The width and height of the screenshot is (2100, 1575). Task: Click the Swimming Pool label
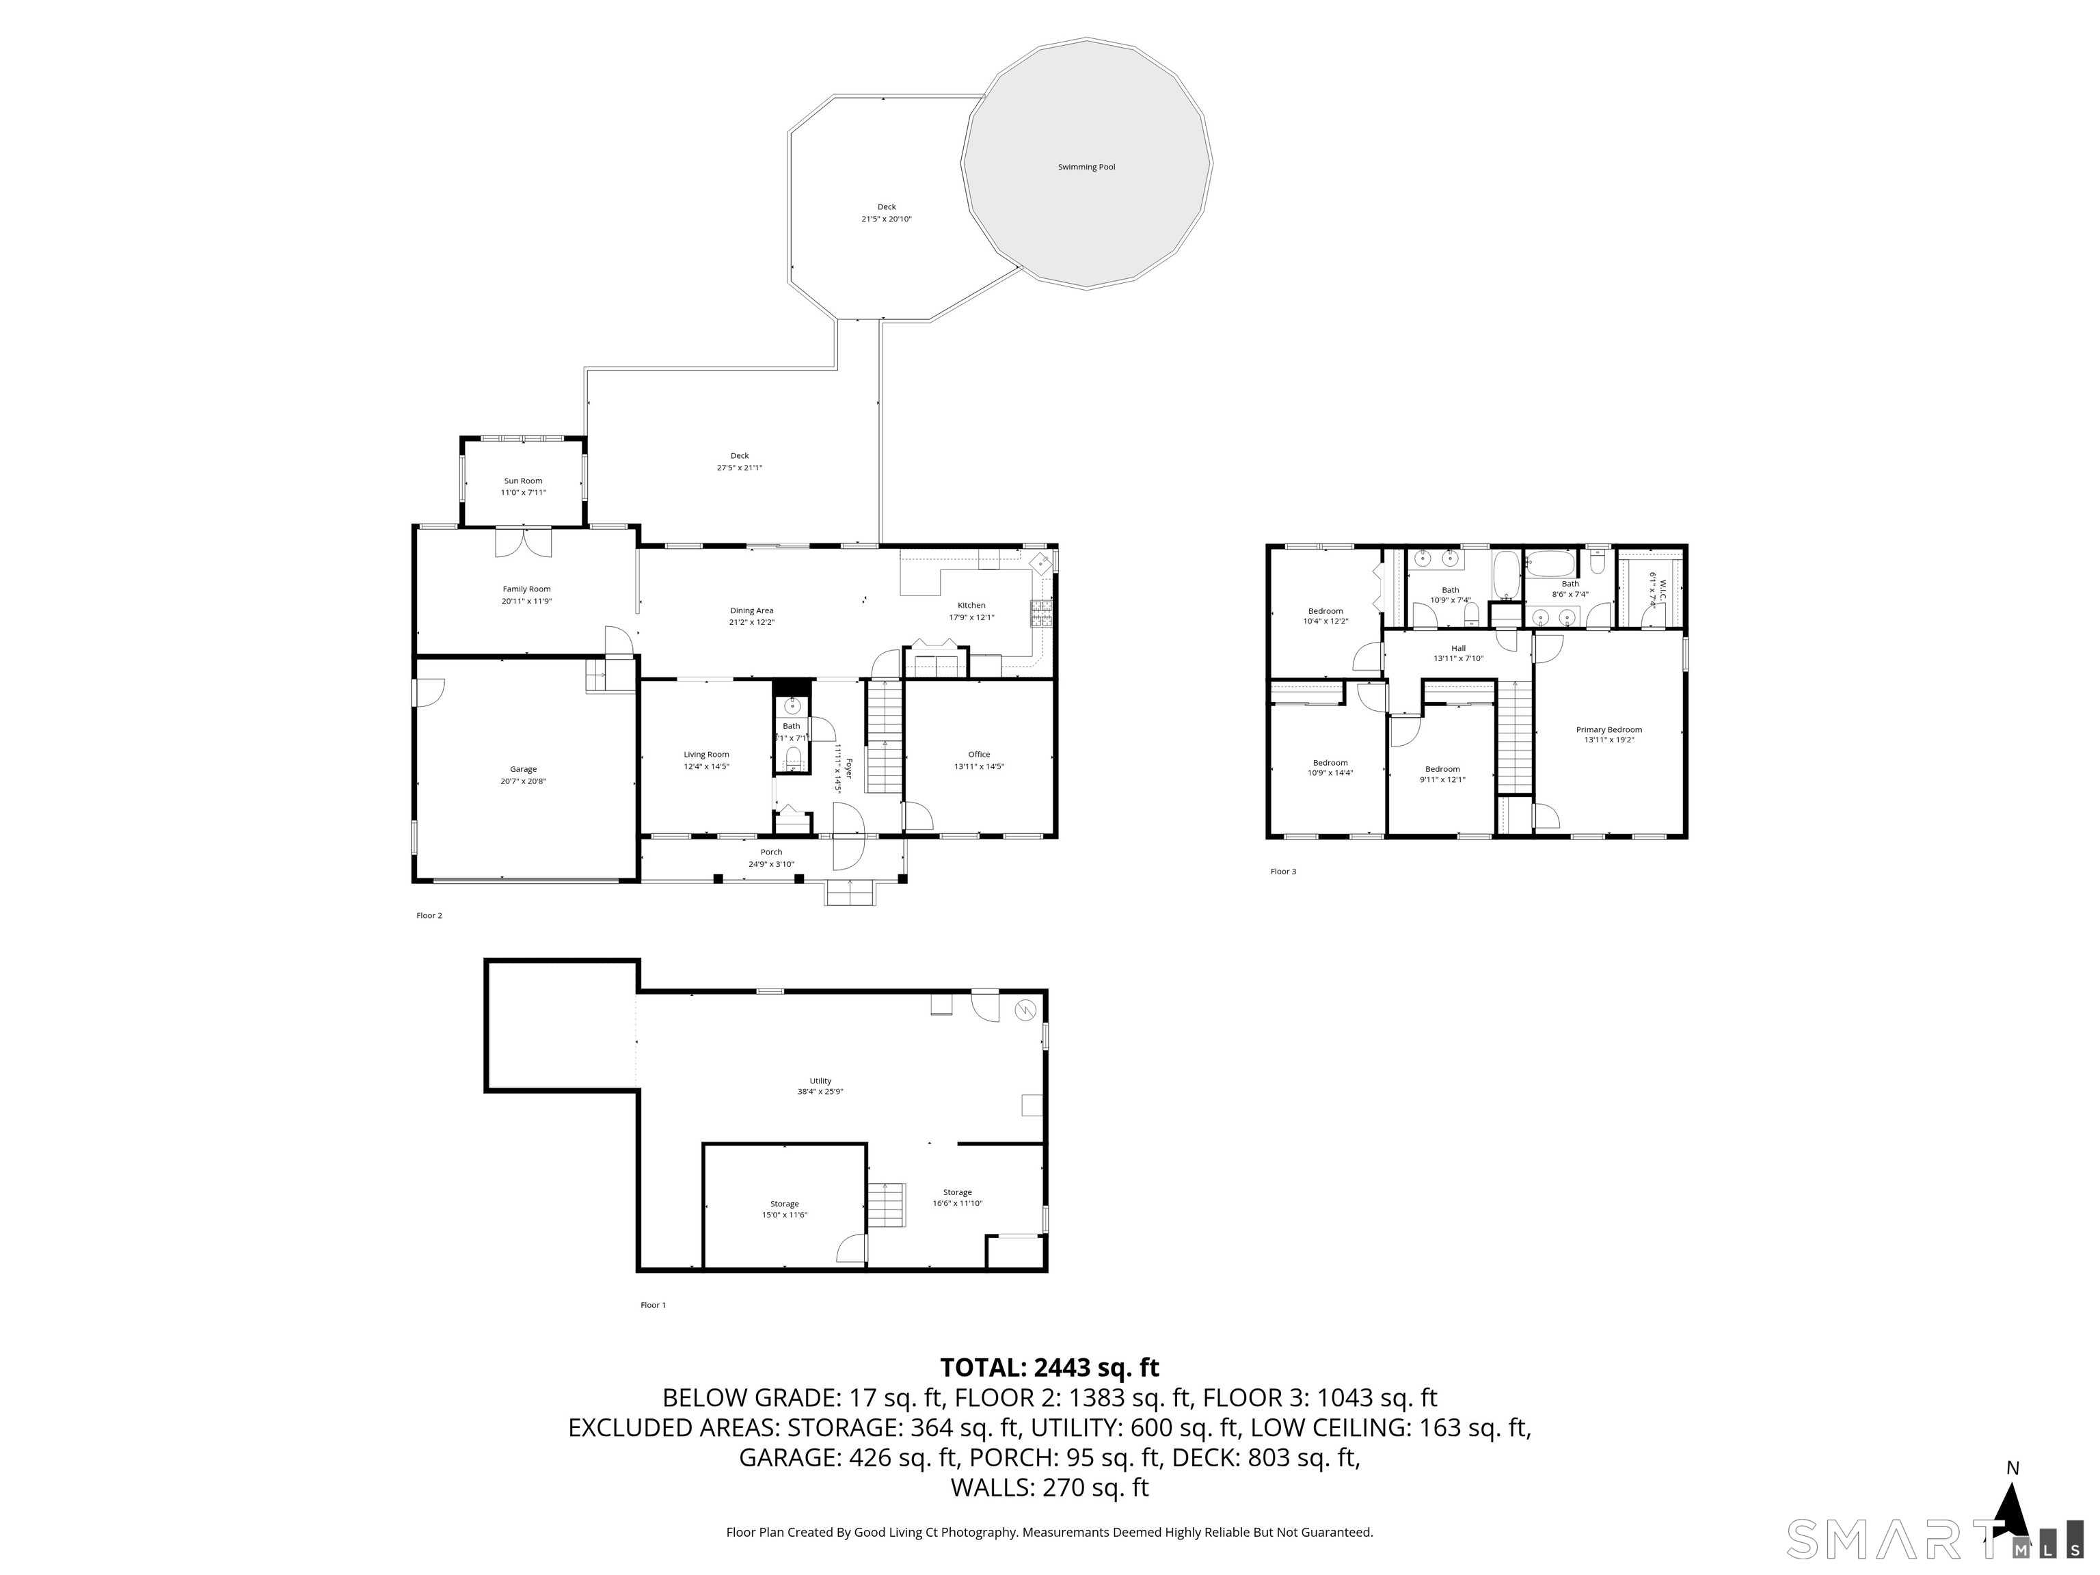1086,167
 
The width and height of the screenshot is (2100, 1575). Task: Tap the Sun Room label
523,481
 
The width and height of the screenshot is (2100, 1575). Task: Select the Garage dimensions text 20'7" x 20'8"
523,781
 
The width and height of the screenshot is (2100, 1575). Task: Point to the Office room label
979,755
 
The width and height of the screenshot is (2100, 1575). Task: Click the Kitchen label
971,605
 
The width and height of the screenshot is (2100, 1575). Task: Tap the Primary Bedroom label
1608,729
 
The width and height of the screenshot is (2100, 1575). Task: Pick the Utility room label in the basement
820,1080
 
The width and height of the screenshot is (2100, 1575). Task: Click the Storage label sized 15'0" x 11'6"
784,1204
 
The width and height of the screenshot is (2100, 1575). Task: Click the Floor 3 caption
1282,871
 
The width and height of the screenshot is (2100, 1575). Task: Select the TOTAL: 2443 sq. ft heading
1049,1367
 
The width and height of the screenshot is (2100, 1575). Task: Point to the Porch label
771,852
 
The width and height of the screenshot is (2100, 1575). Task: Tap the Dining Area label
751,610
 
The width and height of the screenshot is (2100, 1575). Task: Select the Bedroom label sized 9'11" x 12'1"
1442,769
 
